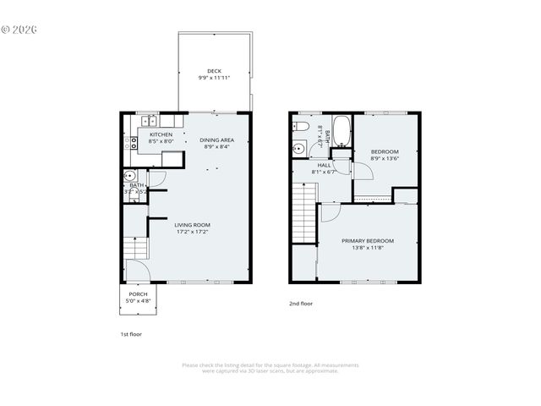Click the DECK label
214,70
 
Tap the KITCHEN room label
161,134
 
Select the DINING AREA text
217,140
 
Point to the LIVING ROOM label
191,224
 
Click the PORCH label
138,294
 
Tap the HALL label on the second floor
324,165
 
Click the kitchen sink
148,120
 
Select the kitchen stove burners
131,143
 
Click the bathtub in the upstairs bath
341,131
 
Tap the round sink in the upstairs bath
298,151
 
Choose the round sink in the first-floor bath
130,177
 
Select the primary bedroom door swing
329,211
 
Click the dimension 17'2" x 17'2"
191,231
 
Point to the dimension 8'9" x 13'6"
385,158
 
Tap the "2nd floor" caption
301,302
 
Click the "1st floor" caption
130,333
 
